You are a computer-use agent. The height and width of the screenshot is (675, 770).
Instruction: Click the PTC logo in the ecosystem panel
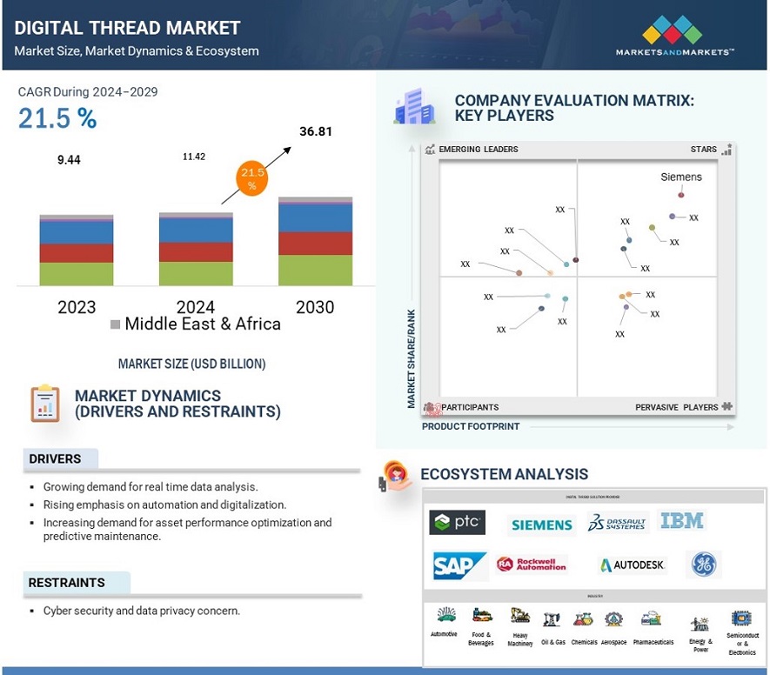[x=458, y=523]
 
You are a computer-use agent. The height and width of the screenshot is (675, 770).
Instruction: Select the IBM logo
[x=682, y=521]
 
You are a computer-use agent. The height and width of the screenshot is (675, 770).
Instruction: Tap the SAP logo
[x=459, y=566]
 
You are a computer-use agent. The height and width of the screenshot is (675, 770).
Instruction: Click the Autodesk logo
[x=633, y=565]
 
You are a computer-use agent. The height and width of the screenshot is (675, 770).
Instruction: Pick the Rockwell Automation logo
[x=532, y=565]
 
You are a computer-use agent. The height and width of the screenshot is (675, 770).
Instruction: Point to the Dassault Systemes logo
[x=618, y=523]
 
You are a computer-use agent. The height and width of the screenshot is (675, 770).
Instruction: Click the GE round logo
[x=703, y=565]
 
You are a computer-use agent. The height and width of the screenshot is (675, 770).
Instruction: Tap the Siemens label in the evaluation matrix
[x=681, y=177]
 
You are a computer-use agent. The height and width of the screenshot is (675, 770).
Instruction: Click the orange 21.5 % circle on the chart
[x=251, y=180]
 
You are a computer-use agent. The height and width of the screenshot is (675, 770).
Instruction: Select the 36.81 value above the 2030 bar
[x=316, y=132]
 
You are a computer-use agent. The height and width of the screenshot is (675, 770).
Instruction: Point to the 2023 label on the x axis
[x=77, y=307]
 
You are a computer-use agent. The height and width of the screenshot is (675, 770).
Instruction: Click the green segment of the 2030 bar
[x=315, y=270]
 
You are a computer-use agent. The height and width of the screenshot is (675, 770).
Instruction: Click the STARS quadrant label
[x=704, y=150]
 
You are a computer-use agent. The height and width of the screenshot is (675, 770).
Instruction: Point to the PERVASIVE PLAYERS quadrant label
[x=677, y=407]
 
